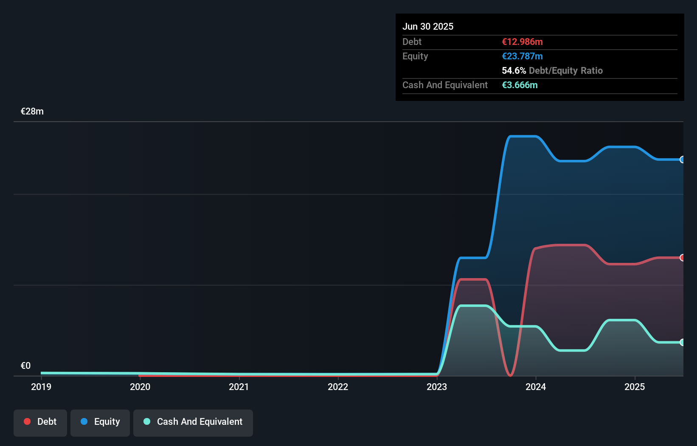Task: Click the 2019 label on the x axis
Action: (x=41, y=387)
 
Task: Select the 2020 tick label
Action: (x=140, y=387)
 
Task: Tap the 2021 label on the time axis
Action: (x=239, y=387)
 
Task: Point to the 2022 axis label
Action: (x=338, y=387)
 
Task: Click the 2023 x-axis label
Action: (x=437, y=387)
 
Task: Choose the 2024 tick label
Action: (x=536, y=387)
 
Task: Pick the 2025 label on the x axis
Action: (x=635, y=387)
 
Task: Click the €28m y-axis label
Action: (x=32, y=111)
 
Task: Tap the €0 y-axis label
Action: (x=25, y=366)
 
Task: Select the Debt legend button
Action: (x=40, y=422)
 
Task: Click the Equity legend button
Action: (x=100, y=422)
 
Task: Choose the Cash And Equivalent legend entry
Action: (x=193, y=422)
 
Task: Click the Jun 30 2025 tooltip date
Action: (x=428, y=26)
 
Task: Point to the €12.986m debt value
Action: (x=522, y=42)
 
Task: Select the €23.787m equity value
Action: (x=522, y=56)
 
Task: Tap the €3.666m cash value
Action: (x=520, y=85)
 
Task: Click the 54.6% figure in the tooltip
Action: (x=514, y=70)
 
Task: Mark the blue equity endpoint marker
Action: (x=682, y=160)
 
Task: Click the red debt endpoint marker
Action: (x=682, y=258)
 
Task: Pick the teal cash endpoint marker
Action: (x=682, y=342)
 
